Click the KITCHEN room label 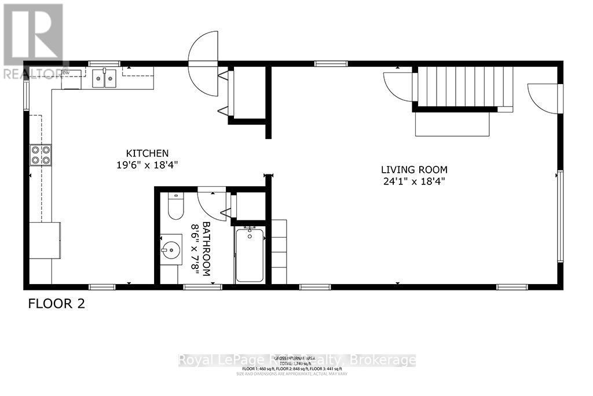[148, 153]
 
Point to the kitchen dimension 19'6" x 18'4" [148, 165]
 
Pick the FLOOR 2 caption [57, 304]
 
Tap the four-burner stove [41, 155]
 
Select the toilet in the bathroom [175, 206]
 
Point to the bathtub [250, 255]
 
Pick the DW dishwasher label [67, 73]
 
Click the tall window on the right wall [559, 216]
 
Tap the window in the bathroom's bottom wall [202, 286]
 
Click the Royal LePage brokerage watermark [296, 361]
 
